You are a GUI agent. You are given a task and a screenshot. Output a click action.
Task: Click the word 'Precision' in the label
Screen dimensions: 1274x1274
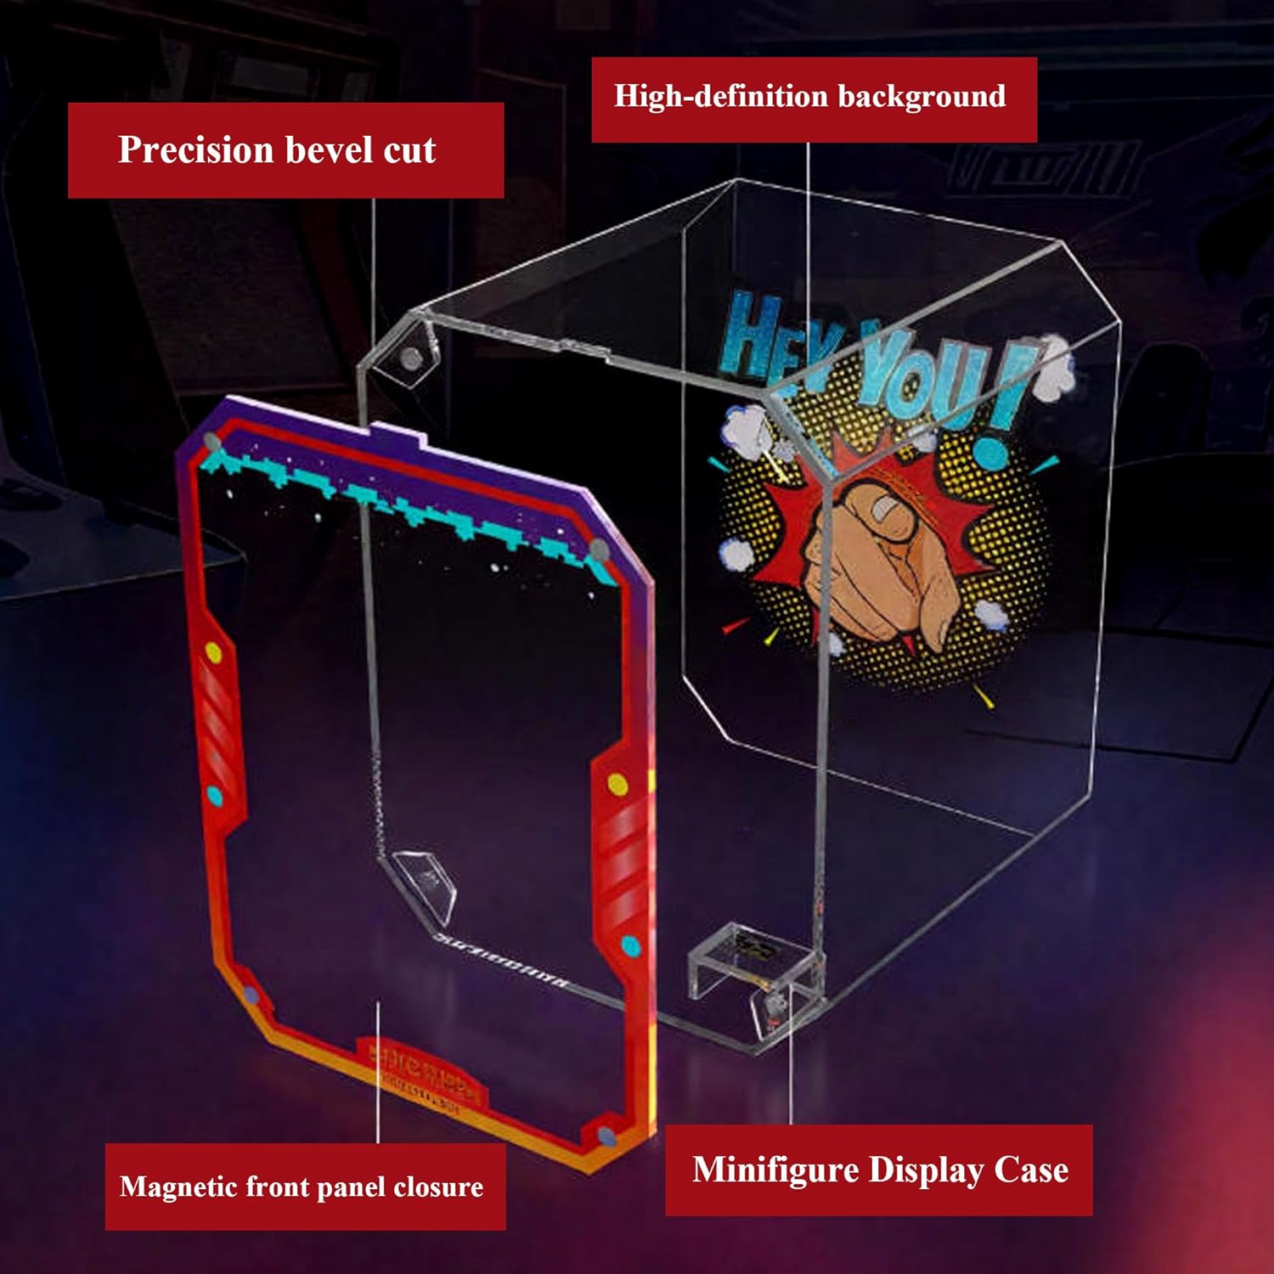click(x=194, y=150)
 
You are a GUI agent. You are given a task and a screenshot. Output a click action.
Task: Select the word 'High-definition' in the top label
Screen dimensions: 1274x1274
click(x=720, y=96)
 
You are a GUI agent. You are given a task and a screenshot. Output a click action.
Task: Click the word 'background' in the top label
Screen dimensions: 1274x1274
click(x=922, y=96)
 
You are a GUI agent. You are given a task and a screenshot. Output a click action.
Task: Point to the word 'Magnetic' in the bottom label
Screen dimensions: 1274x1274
click(x=178, y=1187)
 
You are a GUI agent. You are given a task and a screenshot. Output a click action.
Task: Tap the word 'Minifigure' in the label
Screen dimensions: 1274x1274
click(x=775, y=1170)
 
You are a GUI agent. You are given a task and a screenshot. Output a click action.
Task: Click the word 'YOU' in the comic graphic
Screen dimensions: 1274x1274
click(x=922, y=378)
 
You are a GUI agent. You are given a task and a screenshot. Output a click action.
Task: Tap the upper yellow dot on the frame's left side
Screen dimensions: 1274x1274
click(x=214, y=653)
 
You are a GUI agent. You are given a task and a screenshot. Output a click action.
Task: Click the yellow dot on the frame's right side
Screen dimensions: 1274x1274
click(x=618, y=782)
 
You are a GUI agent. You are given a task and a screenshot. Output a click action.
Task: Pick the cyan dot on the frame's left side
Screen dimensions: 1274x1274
click(x=214, y=796)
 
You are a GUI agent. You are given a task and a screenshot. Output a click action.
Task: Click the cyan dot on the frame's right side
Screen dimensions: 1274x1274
click(x=630, y=944)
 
